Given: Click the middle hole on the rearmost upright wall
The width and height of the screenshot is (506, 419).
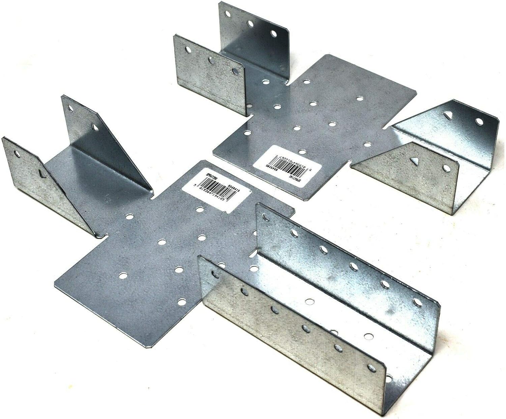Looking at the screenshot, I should point(250,24).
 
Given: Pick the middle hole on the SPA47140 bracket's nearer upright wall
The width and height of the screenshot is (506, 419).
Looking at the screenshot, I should point(211,60).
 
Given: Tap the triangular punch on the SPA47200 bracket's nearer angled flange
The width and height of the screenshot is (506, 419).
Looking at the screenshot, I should point(41,173).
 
